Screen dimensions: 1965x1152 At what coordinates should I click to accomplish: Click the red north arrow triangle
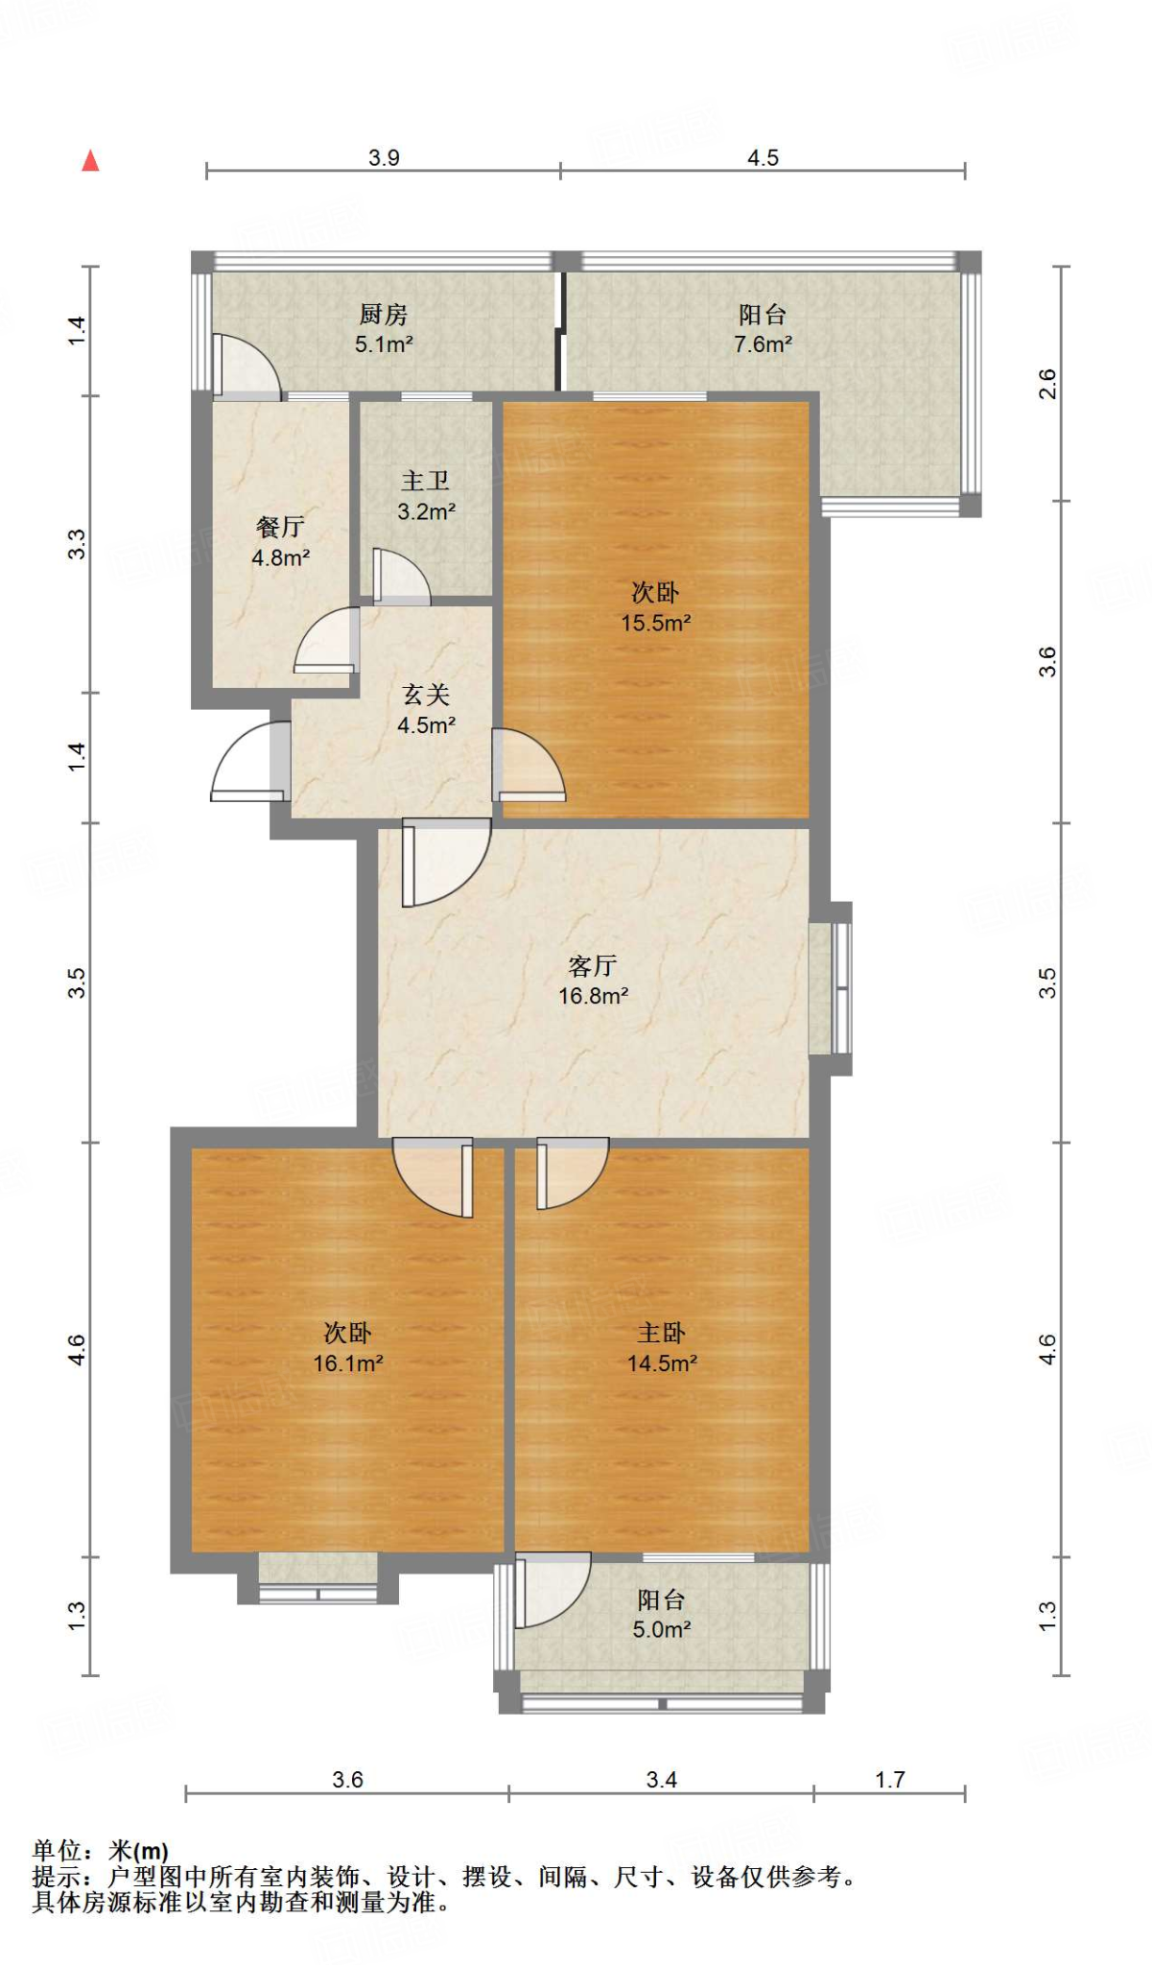tap(90, 160)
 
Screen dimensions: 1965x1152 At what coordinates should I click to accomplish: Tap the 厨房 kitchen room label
tap(384, 314)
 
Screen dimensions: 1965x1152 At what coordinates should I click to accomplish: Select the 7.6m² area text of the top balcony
tap(763, 344)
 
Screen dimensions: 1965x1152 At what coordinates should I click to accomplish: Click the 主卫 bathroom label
tap(426, 481)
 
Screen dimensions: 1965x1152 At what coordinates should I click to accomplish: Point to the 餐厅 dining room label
tap(280, 527)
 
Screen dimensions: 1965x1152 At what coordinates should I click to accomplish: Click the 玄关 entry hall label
tap(426, 695)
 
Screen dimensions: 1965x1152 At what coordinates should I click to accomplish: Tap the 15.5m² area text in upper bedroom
tap(655, 623)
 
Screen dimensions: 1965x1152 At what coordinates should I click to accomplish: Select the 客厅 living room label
tap(592, 965)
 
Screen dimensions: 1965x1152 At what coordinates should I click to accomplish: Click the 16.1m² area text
tap(347, 1363)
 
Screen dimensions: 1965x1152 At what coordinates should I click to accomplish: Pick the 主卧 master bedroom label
tap(661, 1333)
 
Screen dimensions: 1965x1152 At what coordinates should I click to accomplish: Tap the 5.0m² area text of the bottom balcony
tap(661, 1629)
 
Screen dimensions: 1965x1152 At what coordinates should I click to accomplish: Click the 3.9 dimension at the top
tap(384, 157)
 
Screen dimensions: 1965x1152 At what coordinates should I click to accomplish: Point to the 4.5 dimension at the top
tap(763, 157)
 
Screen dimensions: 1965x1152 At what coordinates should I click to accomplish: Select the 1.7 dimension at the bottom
tap(889, 1780)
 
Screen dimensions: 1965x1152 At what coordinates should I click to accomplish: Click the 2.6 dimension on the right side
tap(1047, 384)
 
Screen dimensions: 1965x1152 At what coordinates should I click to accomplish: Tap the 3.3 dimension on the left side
tap(77, 544)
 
